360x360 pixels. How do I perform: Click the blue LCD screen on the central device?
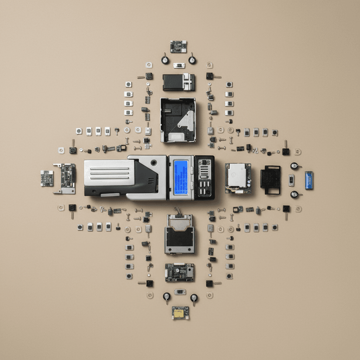coord(180,178)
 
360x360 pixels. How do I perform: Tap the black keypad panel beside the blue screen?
coord(204,178)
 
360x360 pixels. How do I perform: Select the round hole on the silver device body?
coord(154,163)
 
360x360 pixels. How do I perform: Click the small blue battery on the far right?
coord(309,180)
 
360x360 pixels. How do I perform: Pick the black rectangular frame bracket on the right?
coord(270,180)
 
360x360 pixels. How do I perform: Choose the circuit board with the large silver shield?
coord(238,178)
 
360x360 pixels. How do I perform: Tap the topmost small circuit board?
coord(178,46)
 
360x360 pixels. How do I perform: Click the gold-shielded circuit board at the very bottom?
coord(180,313)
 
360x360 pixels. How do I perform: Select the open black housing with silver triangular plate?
coord(178,120)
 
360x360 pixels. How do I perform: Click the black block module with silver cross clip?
coord(178,82)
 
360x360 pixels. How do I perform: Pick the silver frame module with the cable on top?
coord(179,234)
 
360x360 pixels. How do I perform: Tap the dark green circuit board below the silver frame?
coord(179,272)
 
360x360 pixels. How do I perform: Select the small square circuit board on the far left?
coord(47,178)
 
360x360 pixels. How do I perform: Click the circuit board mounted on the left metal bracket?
coord(68,176)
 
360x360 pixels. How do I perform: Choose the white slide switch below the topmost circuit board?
coord(179,65)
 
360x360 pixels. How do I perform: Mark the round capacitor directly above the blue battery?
coord(294,166)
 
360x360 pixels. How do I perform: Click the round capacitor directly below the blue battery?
coord(294,194)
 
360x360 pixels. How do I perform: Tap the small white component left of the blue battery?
coord(291,180)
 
